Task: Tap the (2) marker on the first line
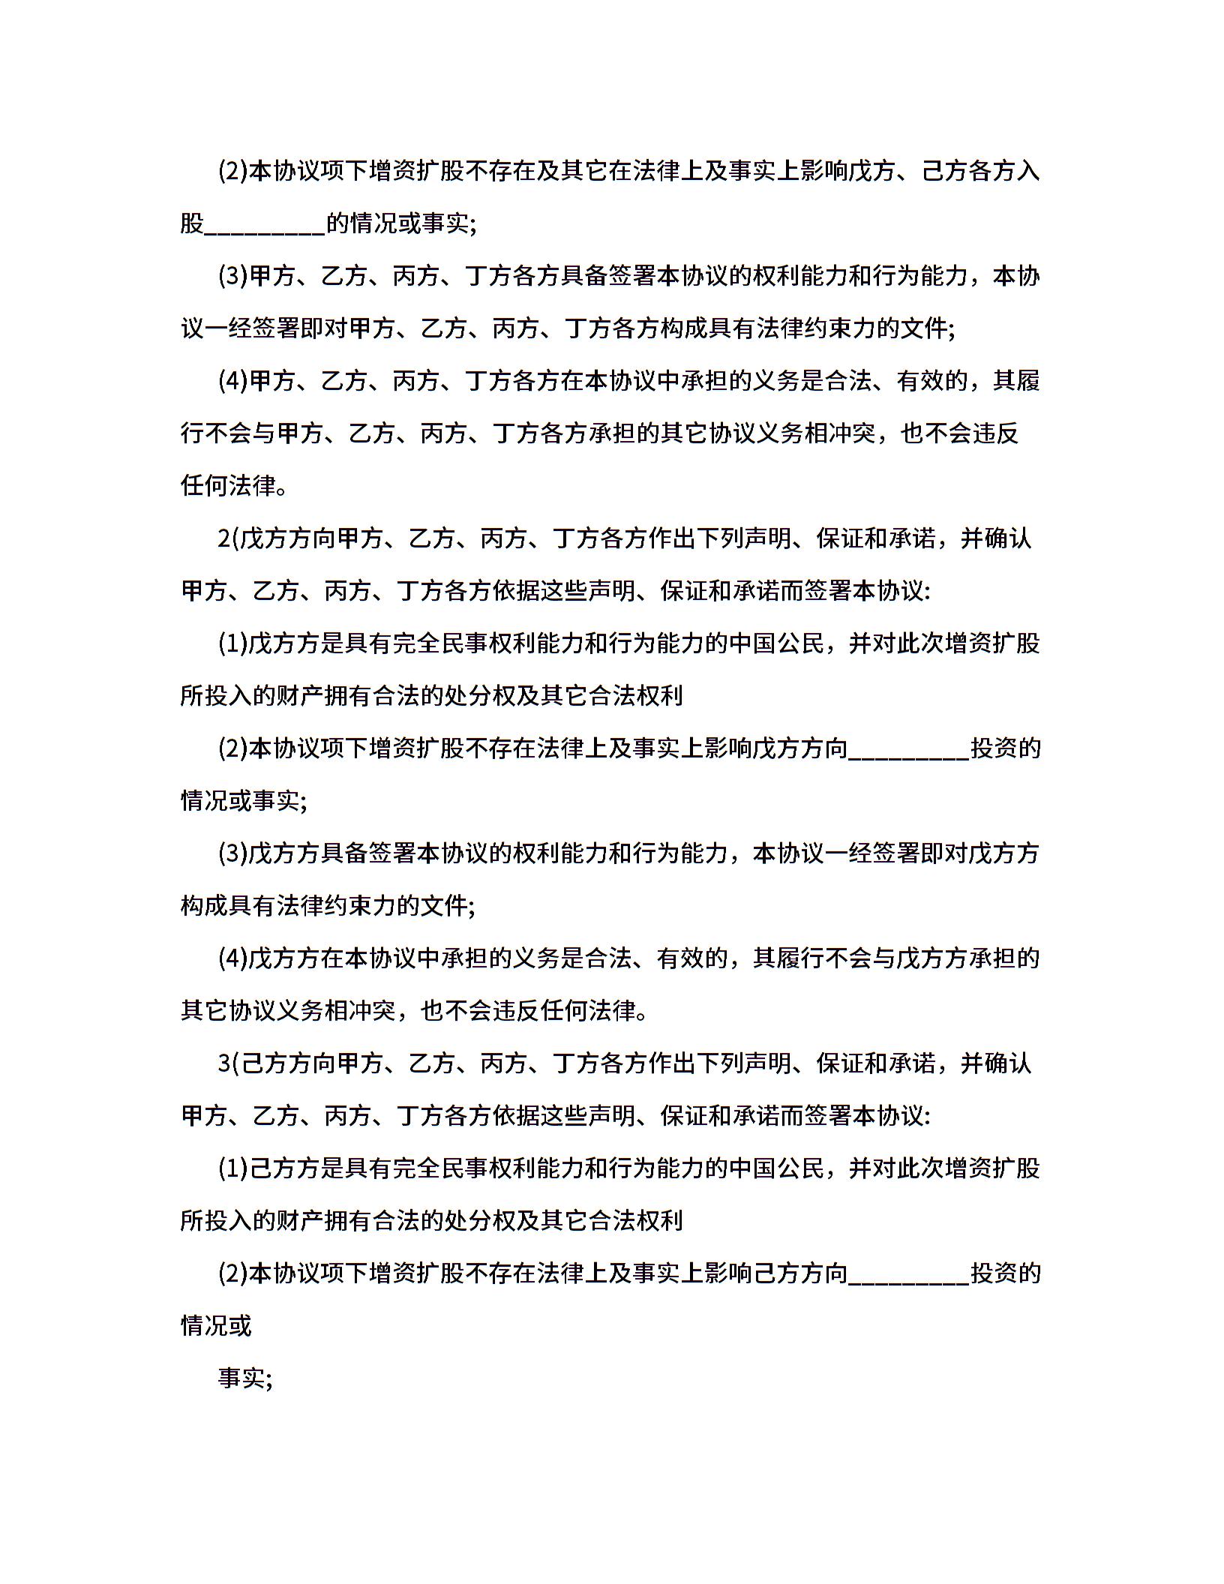(232, 172)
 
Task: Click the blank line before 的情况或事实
(265, 225)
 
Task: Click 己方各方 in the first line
(968, 172)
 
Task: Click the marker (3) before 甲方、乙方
(232, 277)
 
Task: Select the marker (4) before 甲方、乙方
(232, 382)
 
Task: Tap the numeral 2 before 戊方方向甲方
(223, 539)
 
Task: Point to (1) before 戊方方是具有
(232, 644)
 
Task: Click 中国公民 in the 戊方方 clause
(777, 644)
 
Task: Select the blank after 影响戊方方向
(909, 749)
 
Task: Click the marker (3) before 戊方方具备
(232, 854)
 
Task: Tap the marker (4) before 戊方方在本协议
(232, 959)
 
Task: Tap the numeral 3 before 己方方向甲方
(223, 1064)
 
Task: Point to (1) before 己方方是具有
(232, 1169)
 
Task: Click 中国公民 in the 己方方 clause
(777, 1169)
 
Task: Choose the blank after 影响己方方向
(909, 1274)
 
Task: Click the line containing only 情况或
(216, 1327)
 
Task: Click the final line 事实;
(244, 1379)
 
